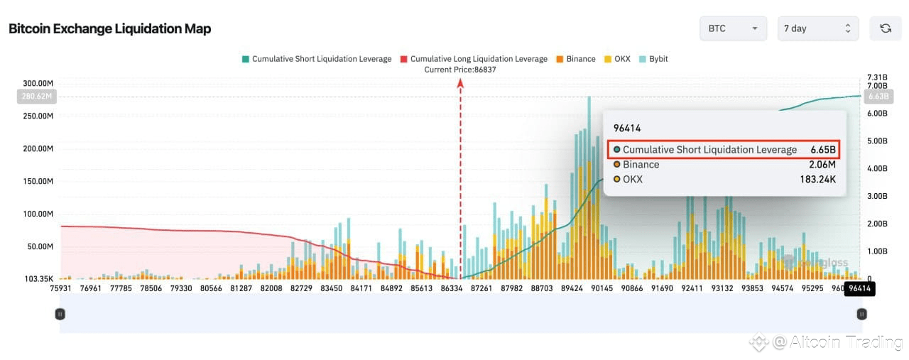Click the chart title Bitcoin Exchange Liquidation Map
click(x=109, y=29)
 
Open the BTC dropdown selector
click(x=733, y=28)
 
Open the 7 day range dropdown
click(x=817, y=28)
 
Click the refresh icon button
click(x=886, y=28)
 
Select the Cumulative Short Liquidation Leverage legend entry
click(x=316, y=59)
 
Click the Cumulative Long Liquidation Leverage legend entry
click(x=474, y=59)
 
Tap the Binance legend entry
click(x=576, y=59)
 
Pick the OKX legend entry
click(x=617, y=59)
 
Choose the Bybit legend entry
click(x=653, y=59)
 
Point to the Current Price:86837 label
click(x=460, y=70)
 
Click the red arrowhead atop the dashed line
click(x=460, y=83)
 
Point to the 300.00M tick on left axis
click(x=38, y=84)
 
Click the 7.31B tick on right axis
click(x=878, y=77)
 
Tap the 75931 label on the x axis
click(x=62, y=288)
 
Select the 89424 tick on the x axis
click(x=572, y=288)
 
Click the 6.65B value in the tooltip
click(x=823, y=150)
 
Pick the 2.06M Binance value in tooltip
click(x=822, y=165)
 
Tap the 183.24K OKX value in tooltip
click(x=817, y=180)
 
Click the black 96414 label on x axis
click(x=859, y=288)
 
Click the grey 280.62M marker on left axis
click(x=36, y=97)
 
